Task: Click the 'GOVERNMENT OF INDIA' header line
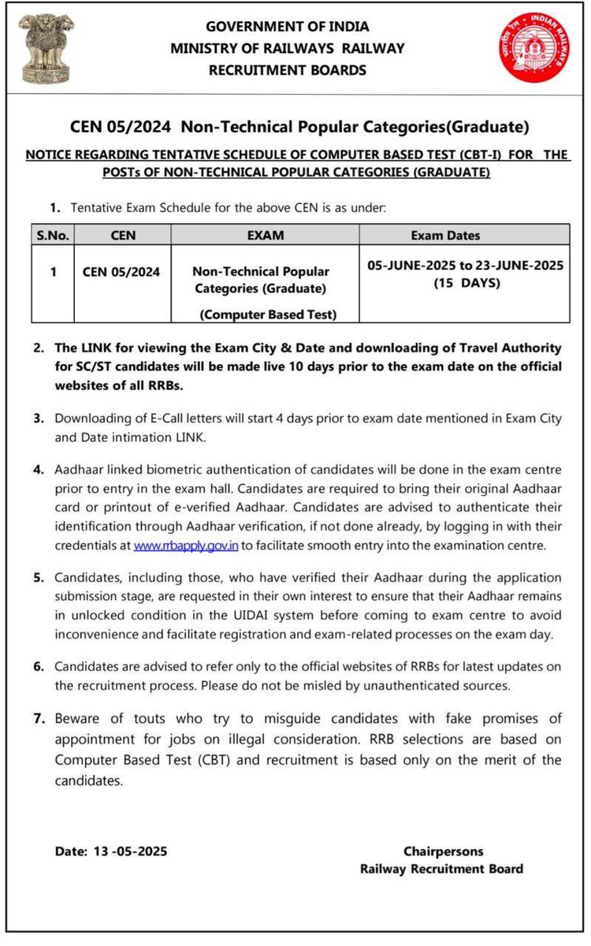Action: pos(287,26)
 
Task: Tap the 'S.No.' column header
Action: pos(53,235)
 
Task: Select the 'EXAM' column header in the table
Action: pos(266,235)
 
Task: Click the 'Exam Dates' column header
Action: pos(445,235)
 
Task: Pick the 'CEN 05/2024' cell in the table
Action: pos(121,272)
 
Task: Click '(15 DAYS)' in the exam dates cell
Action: pos(466,283)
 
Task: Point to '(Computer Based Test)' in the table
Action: pos(268,315)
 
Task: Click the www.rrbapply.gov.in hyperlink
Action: pos(186,546)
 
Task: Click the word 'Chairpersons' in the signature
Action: pos(443,851)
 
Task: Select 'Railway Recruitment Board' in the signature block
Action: pos(441,869)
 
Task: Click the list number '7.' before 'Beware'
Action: pos(39,718)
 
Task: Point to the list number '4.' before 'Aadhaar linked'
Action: pos(39,469)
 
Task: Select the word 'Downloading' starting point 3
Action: pos(91,418)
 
